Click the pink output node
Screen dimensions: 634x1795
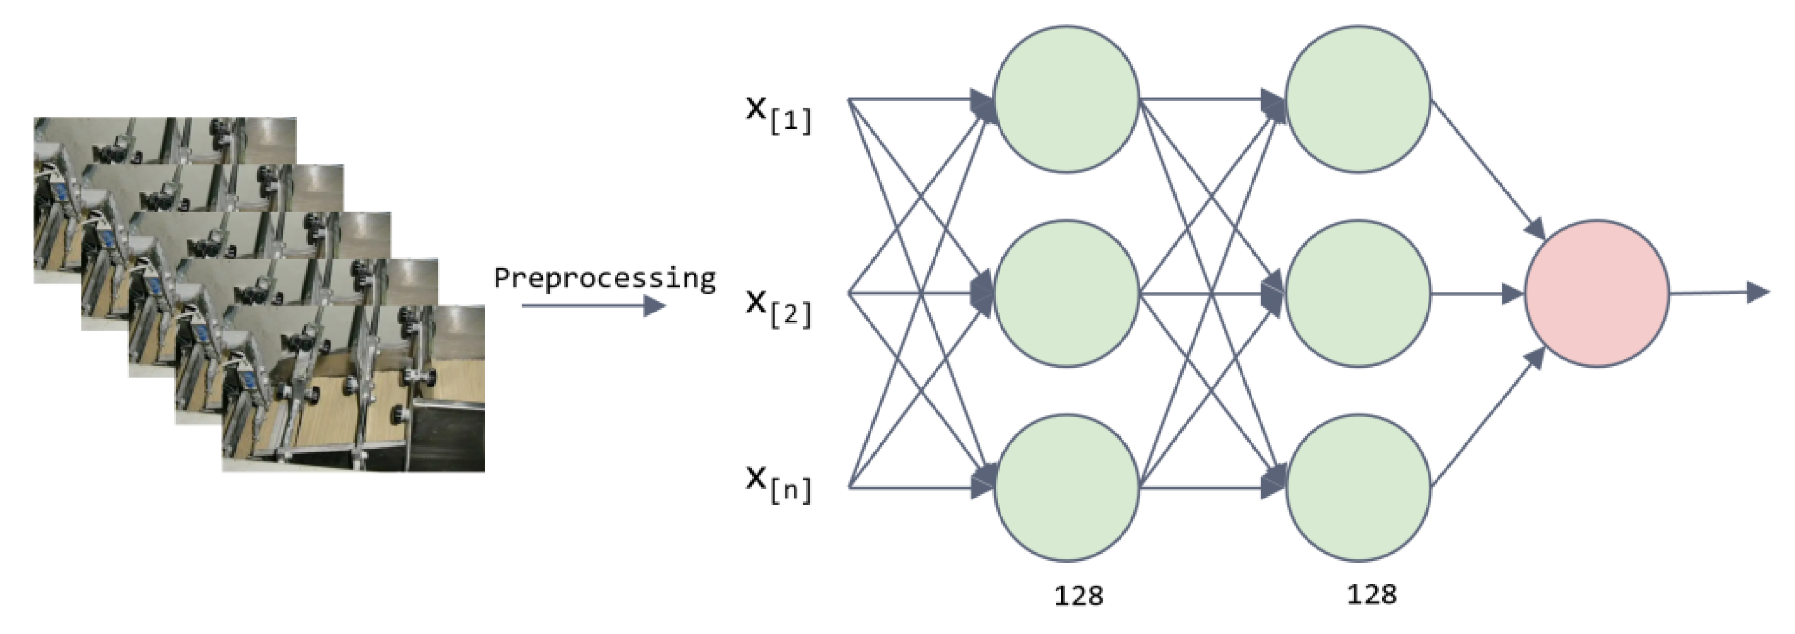(1596, 294)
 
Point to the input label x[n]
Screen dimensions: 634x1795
(777, 483)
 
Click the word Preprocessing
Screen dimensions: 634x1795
(604, 278)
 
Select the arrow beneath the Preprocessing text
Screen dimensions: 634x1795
(593, 306)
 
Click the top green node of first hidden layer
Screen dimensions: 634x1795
(1065, 99)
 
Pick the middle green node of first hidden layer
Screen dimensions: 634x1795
(1065, 294)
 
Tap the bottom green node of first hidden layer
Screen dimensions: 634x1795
(1065, 487)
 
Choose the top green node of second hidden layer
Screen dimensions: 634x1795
(1357, 99)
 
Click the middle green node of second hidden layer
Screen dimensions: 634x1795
(1357, 294)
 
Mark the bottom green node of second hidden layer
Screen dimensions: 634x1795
(1357, 487)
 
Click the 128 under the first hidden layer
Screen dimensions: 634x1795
(1078, 595)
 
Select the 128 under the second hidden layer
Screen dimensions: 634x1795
(1372, 594)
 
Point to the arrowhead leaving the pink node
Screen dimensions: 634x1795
(1758, 292)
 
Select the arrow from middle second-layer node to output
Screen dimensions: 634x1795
(1477, 294)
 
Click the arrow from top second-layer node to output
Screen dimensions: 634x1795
(1488, 167)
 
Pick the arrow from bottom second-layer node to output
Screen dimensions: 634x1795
(1488, 418)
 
